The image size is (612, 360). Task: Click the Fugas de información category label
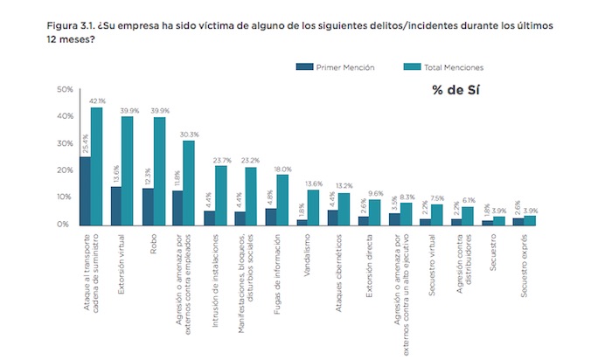pos(275,267)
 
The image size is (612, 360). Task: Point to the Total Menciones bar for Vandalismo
pos(313,206)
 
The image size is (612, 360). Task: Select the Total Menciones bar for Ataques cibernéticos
pos(344,207)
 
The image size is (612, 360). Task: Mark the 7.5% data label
pos(439,197)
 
